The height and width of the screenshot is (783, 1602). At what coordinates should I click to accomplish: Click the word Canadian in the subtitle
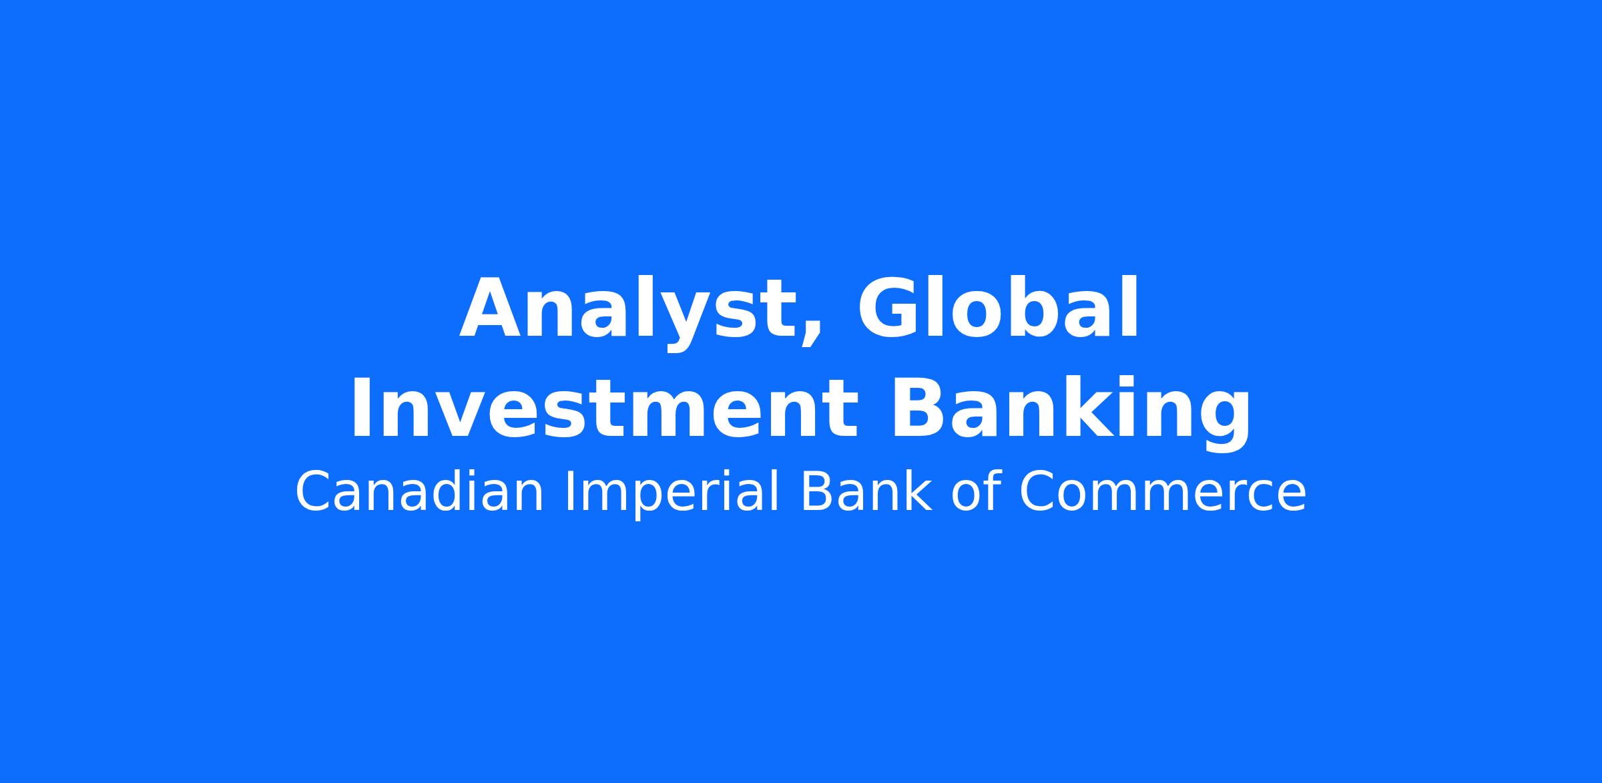419,492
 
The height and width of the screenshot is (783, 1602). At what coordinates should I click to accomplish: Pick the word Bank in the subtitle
865,492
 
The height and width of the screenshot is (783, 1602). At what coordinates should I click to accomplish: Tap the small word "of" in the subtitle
975,492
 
